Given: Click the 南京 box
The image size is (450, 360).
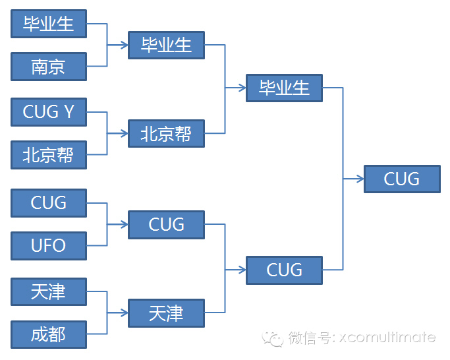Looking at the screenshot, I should click(49, 67).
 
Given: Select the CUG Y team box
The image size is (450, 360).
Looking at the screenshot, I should click(49, 111).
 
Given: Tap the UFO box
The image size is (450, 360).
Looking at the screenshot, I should click(49, 246).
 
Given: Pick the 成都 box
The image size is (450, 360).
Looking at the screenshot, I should click(49, 334).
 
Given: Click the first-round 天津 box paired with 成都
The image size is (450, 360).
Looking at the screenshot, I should click(49, 291).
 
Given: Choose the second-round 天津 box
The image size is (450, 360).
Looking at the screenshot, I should click(166, 313).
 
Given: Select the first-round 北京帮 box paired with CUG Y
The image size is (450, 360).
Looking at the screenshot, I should click(49, 155).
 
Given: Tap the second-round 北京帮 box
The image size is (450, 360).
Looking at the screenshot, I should click(166, 134).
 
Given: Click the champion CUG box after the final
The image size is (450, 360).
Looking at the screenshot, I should click(402, 179).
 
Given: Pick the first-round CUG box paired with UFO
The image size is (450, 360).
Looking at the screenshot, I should click(49, 202).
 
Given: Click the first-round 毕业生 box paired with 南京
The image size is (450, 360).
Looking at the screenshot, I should click(49, 24).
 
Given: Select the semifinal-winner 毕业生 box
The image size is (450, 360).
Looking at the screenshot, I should click(284, 88).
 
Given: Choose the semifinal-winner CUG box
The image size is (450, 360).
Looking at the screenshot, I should click(284, 270).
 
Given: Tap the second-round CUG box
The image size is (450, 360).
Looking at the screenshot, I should click(166, 225).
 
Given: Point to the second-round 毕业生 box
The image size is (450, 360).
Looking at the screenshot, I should click(166, 45).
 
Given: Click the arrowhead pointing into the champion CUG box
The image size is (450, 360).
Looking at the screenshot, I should click(360, 179).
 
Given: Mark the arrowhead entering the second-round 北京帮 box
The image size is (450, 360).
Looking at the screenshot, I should click(125, 134).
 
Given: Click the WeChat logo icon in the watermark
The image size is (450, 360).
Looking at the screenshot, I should click(274, 338).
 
